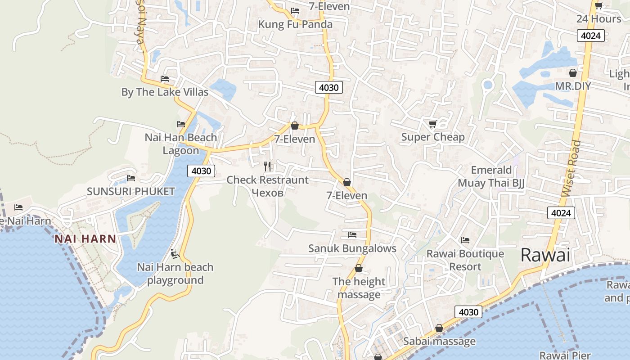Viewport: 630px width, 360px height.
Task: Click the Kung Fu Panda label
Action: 295,24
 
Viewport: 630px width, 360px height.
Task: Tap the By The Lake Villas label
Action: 165,92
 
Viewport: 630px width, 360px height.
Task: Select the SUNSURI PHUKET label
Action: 130,191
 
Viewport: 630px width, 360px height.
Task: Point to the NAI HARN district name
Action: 85,238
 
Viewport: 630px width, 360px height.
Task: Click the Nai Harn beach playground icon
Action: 175,254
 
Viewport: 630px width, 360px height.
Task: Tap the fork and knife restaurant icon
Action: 268,166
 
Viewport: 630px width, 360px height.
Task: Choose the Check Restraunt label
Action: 267,180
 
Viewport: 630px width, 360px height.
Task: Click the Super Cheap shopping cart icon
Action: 432,124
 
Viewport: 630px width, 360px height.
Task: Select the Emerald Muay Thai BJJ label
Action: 491,176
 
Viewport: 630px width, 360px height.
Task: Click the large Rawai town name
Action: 545,255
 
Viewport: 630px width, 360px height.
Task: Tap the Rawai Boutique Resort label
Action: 465,260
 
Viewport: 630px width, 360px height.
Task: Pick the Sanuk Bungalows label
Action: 352,248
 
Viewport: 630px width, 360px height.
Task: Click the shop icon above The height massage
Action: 359,268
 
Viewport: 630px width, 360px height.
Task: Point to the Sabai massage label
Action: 439,341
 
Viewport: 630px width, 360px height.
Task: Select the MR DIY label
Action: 573,86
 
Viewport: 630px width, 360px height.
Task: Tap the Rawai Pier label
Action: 565,355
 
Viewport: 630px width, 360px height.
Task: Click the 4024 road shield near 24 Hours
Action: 590,36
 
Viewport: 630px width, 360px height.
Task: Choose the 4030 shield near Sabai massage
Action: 468,312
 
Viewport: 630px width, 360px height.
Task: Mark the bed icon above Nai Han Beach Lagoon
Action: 181,124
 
